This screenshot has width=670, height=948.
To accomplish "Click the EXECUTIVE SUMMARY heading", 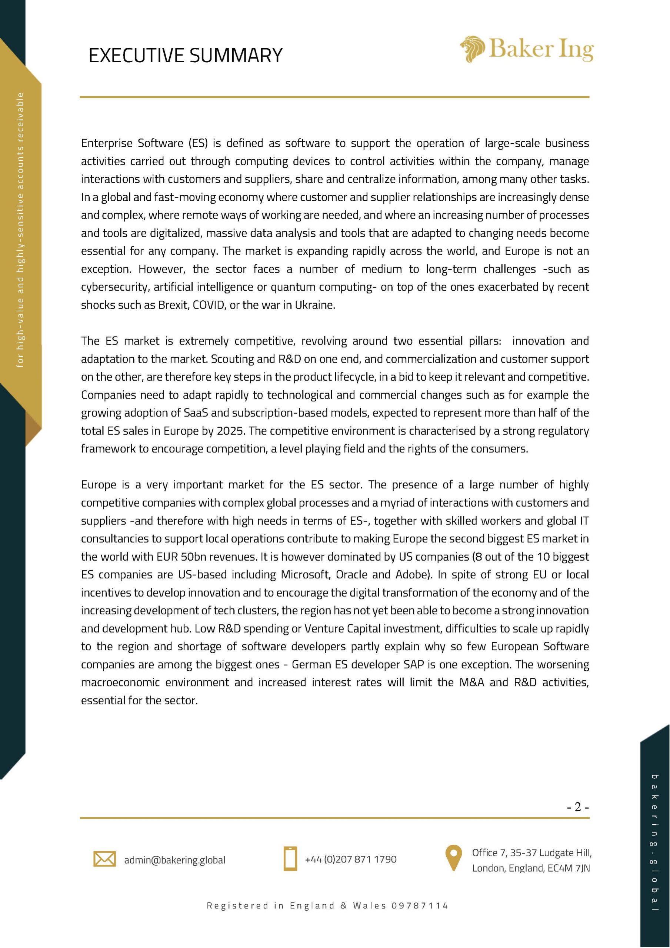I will point(186,55).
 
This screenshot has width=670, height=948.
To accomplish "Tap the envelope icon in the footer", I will point(104,859).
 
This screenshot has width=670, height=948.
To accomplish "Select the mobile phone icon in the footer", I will point(290,859).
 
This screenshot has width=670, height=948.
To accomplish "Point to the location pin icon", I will point(453,858).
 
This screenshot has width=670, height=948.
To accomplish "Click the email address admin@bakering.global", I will point(175,860).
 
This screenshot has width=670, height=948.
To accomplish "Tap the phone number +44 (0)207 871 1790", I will point(350,859).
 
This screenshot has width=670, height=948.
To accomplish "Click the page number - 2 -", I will point(577,807).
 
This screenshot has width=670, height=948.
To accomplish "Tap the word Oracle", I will point(351,574).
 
